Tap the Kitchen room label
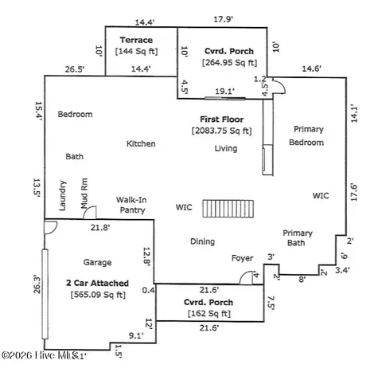pyautogui.click(x=141, y=144)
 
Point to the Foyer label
pyautogui.click(x=242, y=258)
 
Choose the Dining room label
pyautogui.click(x=203, y=241)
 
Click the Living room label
pyautogui.click(x=225, y=148)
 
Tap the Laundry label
pyautogui.click(x=63, y=198)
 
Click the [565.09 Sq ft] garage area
pyautogui.click(x=98, y=295)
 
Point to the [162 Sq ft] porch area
pyautogui.click(x=207, y=315)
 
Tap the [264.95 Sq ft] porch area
pyautogui.click(x=229, y=61)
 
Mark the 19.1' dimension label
pyautogui.click(x=226, y=92)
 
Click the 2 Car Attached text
pyautogui.click(x=98, y=283)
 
